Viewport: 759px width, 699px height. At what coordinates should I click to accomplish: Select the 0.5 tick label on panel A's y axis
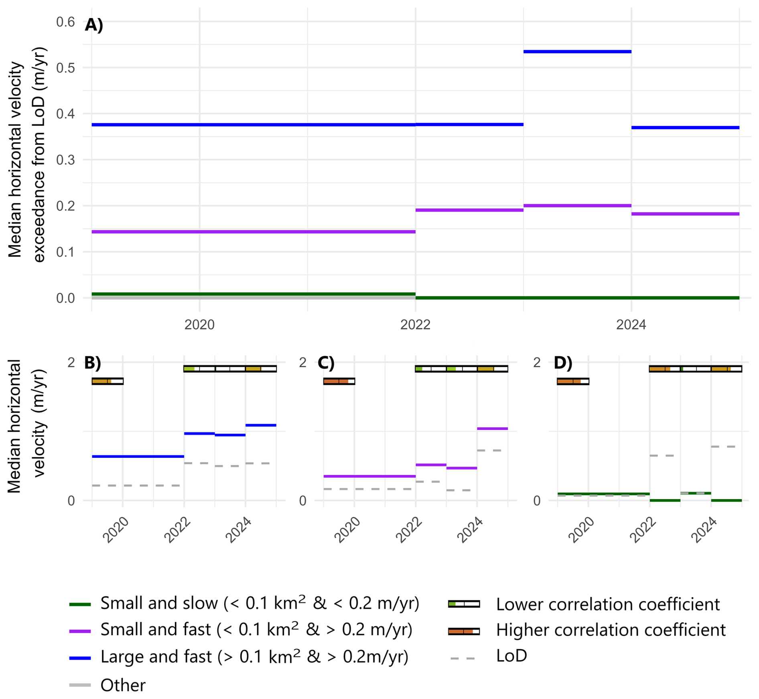[x=65, y=68]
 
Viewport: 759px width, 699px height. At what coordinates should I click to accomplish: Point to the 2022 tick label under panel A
[x=415, y=325]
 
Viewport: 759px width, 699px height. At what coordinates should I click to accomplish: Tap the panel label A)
[x=94, y=25]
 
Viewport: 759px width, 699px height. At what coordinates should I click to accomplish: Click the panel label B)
[x=92, y=363]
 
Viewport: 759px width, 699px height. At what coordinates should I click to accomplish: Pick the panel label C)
[x=326, y=363]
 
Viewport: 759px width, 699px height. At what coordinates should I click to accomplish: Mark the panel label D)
[x=563, y=363]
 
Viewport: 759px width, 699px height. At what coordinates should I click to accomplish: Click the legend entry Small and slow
[x=260, y=603]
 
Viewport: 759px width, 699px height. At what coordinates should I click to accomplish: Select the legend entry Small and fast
[x=256, y=630]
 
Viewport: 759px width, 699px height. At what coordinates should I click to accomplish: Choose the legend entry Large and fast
[x=254, y=657]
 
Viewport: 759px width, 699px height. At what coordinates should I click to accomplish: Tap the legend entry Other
[x=123, y=685]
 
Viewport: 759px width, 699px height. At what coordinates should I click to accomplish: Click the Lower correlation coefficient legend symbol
[x=464, y=604]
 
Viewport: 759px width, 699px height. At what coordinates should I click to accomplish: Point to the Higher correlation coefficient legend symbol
[x=464, y=631]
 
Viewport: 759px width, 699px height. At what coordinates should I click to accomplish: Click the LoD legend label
[x=511, y=656]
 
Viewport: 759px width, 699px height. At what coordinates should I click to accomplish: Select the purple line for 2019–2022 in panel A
[x=254, y=232]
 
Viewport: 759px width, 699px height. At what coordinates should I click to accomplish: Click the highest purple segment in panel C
[x=492, y=429]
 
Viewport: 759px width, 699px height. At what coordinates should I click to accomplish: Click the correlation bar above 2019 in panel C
[x=339, y=381]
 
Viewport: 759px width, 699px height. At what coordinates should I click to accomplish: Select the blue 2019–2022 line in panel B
[x=138, y=456]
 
